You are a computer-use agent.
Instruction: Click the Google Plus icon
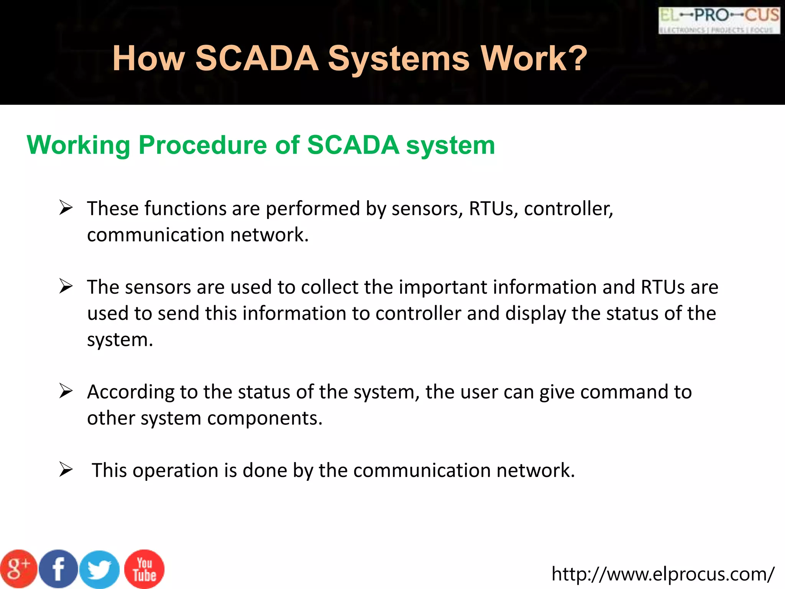[18, 569]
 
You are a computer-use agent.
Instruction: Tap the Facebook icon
[58, 569]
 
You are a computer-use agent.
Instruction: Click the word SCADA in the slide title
[257, 58]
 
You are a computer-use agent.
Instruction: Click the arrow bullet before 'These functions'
[66, 208]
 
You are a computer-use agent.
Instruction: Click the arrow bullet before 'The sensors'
[66, 287]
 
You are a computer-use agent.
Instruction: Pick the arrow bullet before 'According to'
[66, 392]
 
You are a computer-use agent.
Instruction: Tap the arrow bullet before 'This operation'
[66, 470]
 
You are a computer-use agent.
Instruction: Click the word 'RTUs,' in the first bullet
[493, 209]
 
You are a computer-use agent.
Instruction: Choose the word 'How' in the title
[148, 58]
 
